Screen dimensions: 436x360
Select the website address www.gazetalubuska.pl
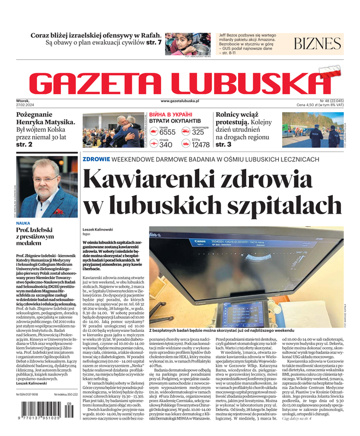pyautogui.click(x=180, y=101)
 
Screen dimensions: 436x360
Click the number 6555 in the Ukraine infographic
pyautogui.click(x=167, y=132)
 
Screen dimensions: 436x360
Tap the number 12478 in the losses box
pyautogui.click(x=200, y=144)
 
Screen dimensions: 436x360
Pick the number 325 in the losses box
pyautogui.click(x=198, y=132)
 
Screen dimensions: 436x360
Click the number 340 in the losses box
pyautogui.click(x=166, y=144)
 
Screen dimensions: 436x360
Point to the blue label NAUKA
pyautogui.click(x=23, y=223)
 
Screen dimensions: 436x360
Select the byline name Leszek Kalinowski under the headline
pyautogui.click(x=97, y=229)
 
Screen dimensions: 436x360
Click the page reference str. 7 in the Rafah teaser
pyautogui.click(x=154, y=42)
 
